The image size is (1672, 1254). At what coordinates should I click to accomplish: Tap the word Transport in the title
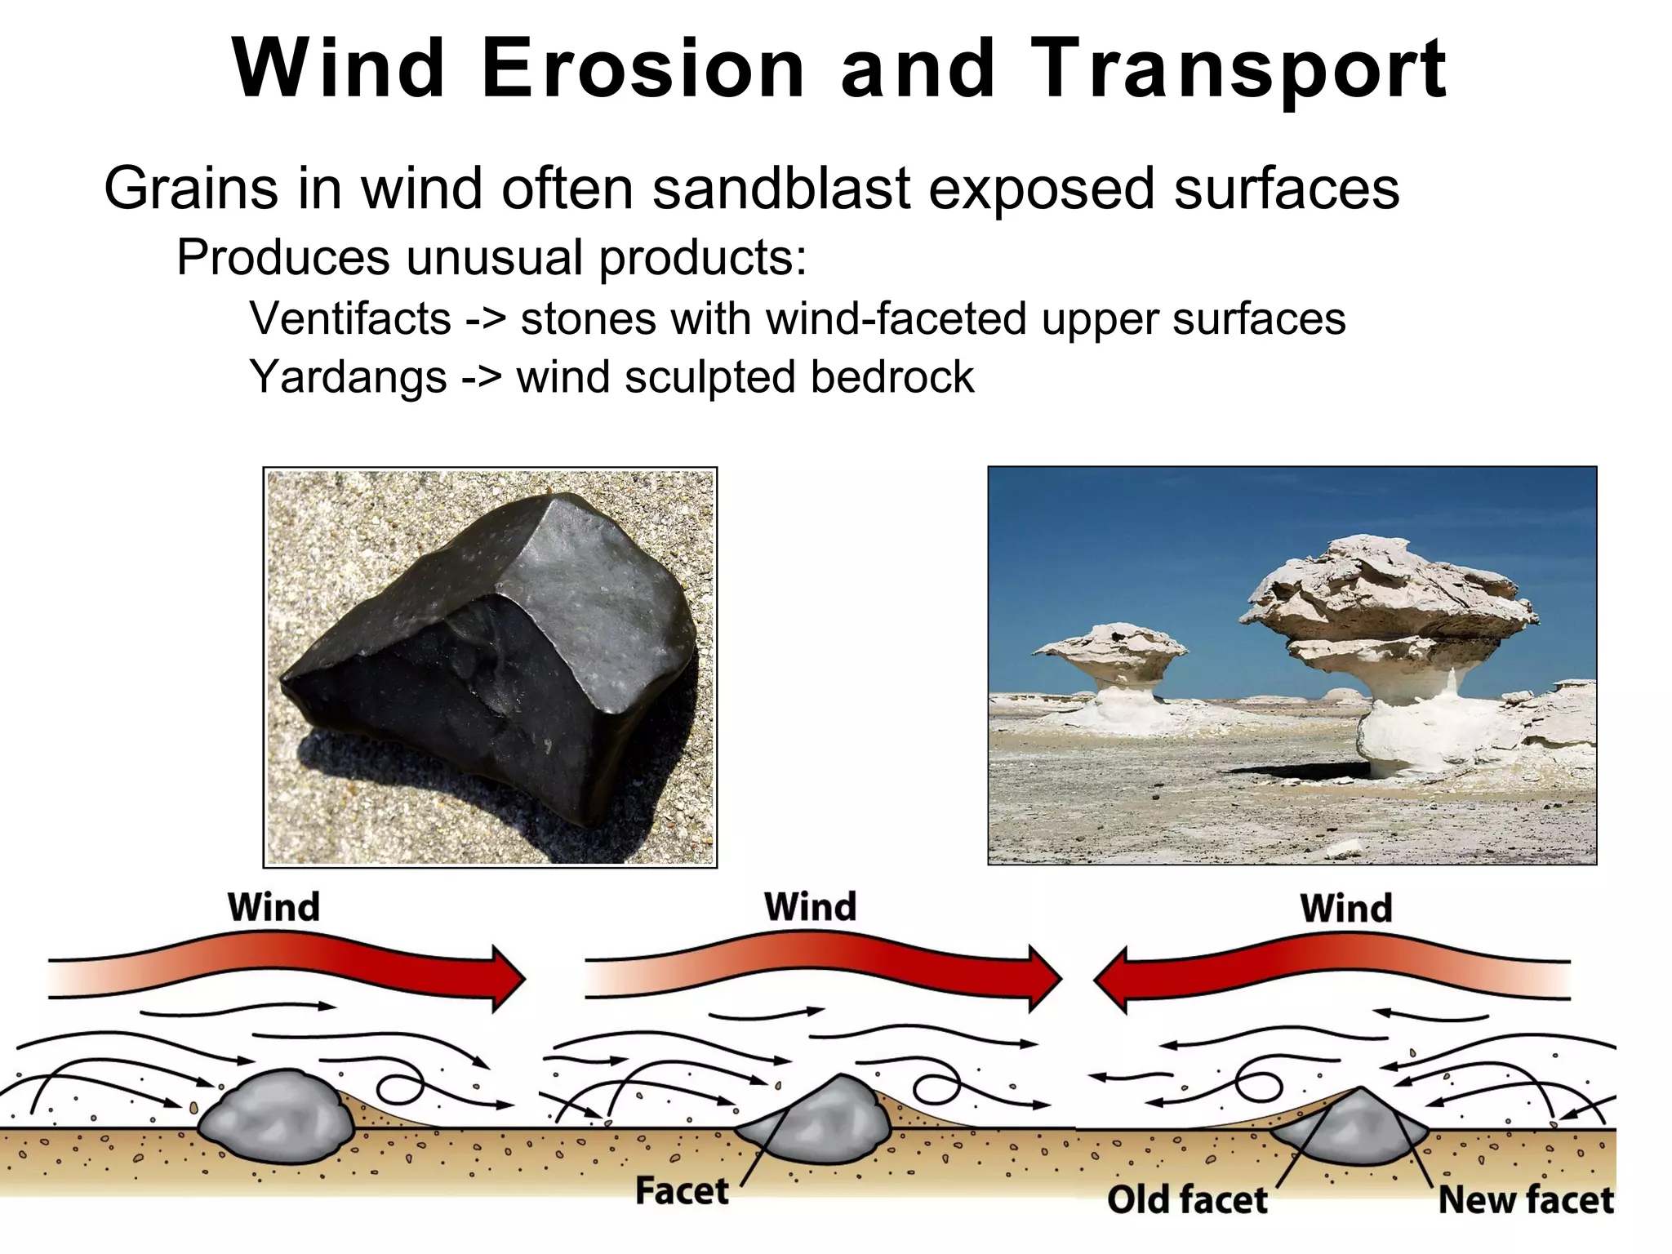point(1238,70)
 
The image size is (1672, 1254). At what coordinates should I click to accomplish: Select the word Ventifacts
point(350,318)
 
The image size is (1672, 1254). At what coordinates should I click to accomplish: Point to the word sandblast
point(780,189)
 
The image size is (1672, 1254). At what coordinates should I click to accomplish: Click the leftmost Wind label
point(273,907)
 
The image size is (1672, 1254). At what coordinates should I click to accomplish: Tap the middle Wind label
point(810,907)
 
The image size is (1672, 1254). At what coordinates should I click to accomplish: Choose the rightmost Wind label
point(1346,908)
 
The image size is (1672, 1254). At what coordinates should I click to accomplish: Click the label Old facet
point(1187,1200)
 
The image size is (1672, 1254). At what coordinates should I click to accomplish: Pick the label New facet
point(1525,1200)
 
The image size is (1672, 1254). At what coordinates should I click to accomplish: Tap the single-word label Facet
point(682,1191)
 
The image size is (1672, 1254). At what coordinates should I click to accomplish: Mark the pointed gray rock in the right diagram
point(1351,1131)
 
